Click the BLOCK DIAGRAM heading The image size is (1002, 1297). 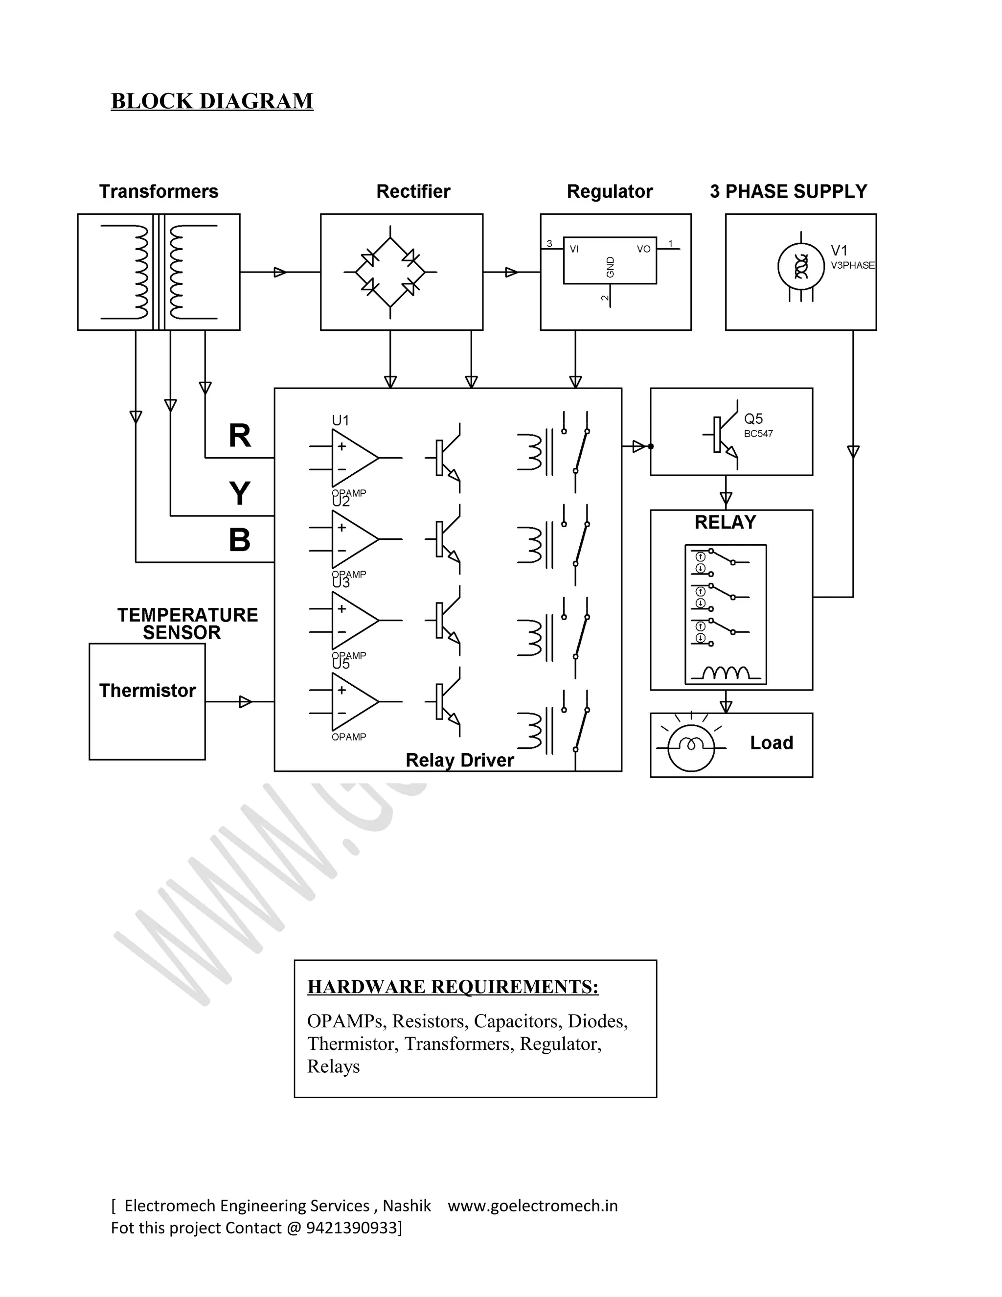pyautogui.click(x=212, y=101)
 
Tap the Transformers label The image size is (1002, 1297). pyautogui.click(x=159, y=191)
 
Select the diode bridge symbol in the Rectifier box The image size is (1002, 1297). pyautogui.click(x=390, y=272)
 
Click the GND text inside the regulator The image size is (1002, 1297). pyautogui.click(x=610, y=267)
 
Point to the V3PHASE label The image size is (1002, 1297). pyautogui.click(x=852, y=265)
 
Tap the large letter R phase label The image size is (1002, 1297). pyautogui.click(x=239, y=436)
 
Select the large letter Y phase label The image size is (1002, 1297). pyautogui.click(x=239, y=493)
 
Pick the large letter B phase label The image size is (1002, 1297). pyautogui.click(x=239, y=540)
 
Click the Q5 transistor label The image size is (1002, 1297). pyautogui.click(x=753, y=418)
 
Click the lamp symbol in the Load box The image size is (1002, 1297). pyautogui.click(x=690, y=745)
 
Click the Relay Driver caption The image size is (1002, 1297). pyautogui.click(x=459, y=760)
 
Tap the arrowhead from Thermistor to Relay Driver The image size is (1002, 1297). pyautogui.click(x=245, y=701)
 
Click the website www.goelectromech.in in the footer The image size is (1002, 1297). pyautogui.click(x=532, y=1205)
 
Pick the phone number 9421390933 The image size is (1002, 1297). pyautogui.click(x=353, y=1228)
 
